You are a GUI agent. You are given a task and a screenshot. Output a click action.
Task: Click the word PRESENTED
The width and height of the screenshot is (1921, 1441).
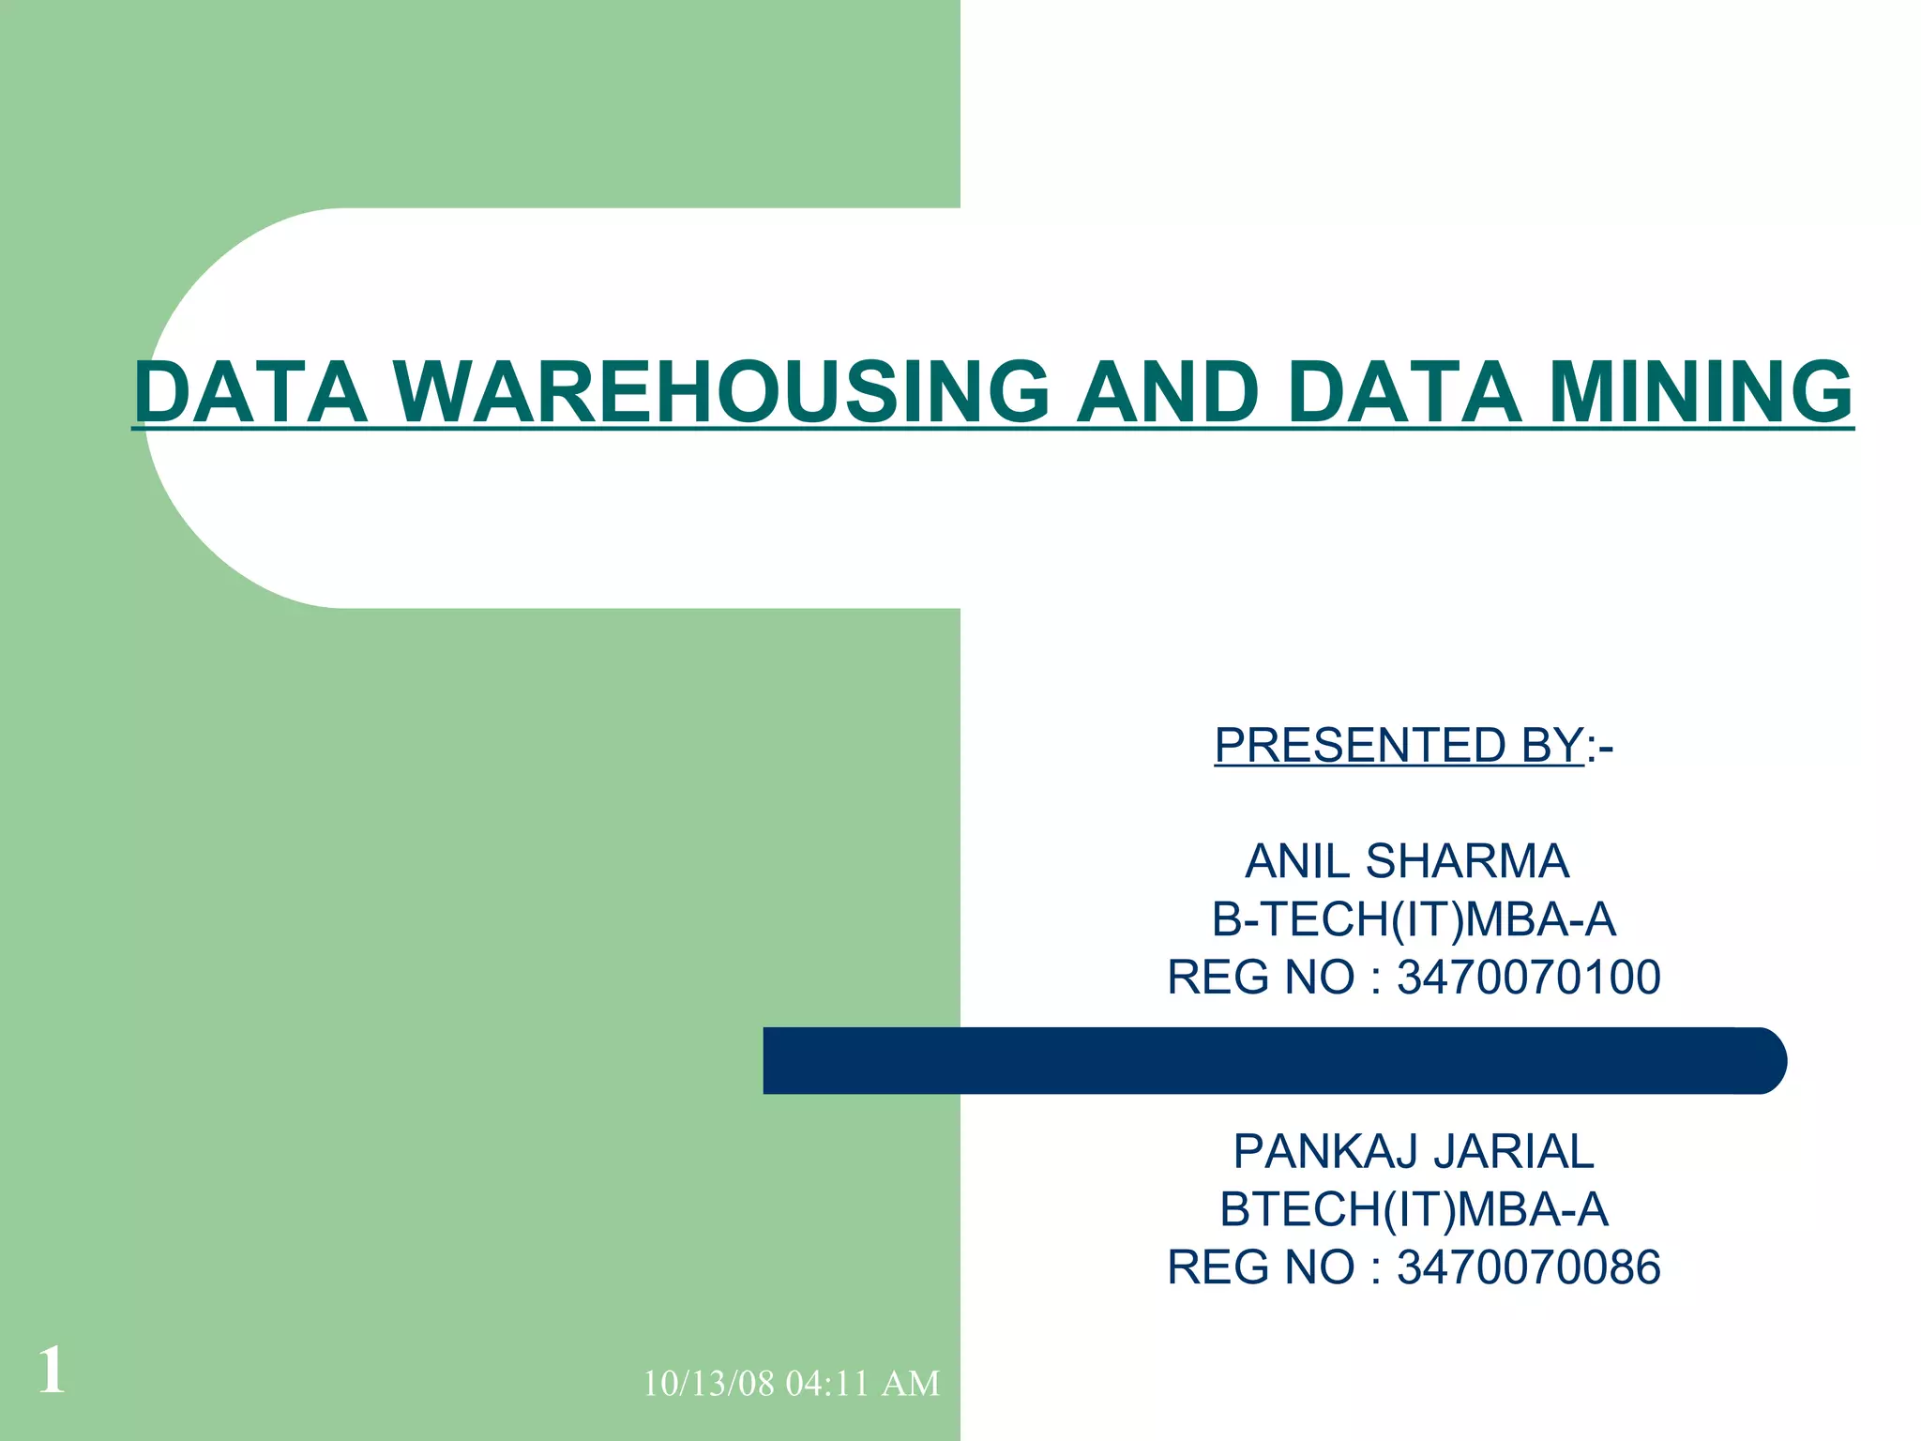click(x=1351, y=746)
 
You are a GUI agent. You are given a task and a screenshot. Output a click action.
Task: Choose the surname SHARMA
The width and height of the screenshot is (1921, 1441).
click(x=1468, y=861)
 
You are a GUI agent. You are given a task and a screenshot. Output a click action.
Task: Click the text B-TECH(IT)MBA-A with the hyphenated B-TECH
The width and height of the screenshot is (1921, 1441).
click(x=1414, y=919)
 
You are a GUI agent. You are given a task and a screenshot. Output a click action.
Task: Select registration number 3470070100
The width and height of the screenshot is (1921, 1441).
click(x=1529, y=978)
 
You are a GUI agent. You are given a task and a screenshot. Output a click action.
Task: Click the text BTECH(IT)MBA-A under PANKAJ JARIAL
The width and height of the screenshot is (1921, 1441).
click(x=1414, y=1209)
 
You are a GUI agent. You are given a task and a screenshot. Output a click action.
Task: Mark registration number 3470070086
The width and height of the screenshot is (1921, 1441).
click(x=1529, y=1267)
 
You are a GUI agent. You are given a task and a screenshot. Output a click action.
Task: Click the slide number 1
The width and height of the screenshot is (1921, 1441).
click(x=53, y=1370)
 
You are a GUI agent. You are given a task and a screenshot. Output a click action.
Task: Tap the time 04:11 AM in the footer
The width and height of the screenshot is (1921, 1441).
click(x=863, y=1384)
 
